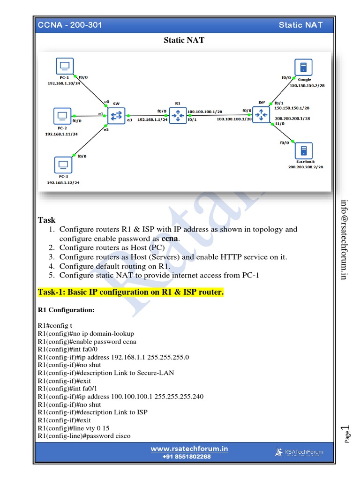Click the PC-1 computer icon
click(65, 65)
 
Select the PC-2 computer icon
click(61, 115)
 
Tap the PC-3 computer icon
click(63, 165)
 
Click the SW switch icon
click(116, 115)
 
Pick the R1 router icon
click(178, 115)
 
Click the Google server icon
click(304, 67)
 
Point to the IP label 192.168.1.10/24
click(64, 83)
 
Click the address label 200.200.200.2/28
click(306, 167)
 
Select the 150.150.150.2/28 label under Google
click(307, 85)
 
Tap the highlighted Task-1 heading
click(131, 292)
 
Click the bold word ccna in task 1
click(169, 239)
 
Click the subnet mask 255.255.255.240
click(175, 397)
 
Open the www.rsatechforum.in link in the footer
click(189, 449)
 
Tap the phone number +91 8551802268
click(187, 457)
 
